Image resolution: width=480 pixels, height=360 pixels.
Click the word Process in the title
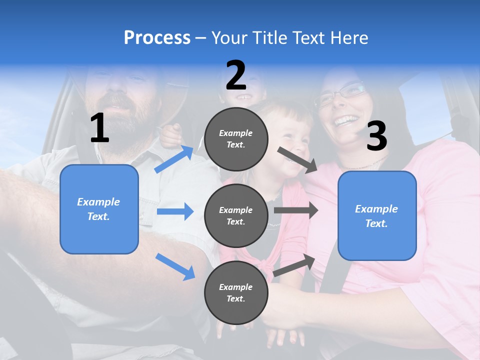pos(157,38)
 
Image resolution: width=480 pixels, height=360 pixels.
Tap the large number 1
pos(99,128)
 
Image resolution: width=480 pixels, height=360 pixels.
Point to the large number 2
pos(236,75)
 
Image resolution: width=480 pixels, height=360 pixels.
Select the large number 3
pos(376,136)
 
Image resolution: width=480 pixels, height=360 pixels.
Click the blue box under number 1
pos(99,209)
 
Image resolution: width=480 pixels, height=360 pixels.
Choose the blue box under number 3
pos(377,215)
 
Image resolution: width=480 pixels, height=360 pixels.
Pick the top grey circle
pos(236,139)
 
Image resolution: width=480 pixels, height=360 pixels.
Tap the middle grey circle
pos(236,215)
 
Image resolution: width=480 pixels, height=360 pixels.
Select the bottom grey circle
pos(236,292)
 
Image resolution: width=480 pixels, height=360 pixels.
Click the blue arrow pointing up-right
pos(174,158)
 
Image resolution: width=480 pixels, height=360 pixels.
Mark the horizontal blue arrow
pos(175,211)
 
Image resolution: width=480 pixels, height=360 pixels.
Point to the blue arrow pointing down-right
pos(175,266)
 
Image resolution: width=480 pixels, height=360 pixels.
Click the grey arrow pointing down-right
pos(298,159)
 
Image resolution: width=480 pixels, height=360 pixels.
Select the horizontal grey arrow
pos(296,210)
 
